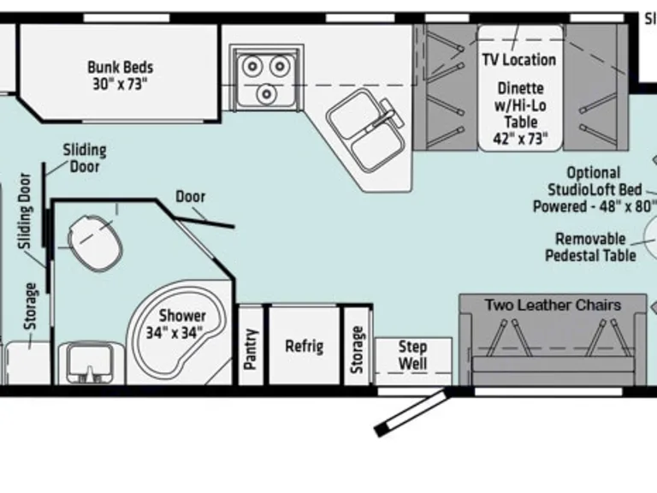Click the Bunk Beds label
(120, 66)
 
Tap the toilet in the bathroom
(95, 241)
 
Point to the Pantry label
(251, 348)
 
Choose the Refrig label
(304, 346)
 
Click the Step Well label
(412, 355)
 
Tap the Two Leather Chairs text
(553, 305)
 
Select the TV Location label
(518, 59)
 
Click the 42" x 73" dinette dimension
(519, 139)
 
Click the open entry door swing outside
(411, 413)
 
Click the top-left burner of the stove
(252, 64)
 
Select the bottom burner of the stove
(267, 92)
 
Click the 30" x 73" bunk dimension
(120, 84)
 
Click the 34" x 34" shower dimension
(181, 333)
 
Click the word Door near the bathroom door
(190, 196)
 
